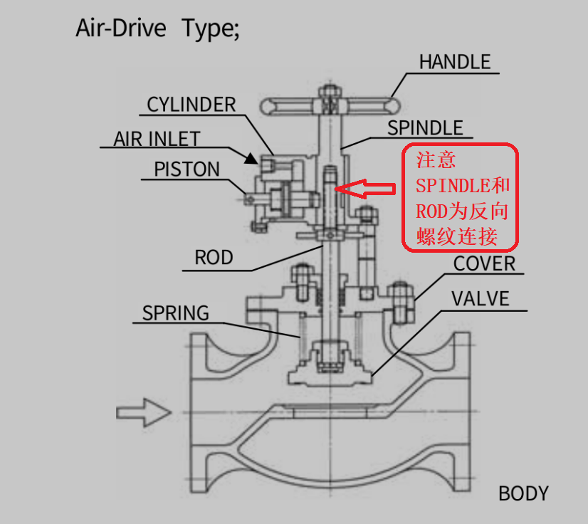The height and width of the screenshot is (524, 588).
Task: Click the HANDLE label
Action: point(454,62)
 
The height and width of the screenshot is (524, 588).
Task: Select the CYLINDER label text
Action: point(191,105)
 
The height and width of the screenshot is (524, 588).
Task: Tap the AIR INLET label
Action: point(157,138)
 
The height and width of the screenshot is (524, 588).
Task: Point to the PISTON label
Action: point(187,169)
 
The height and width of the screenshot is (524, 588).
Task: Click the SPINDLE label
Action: point(425,128)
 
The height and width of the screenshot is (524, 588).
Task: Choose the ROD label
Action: point(214,257)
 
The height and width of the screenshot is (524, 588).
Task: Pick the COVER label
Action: point(483,263)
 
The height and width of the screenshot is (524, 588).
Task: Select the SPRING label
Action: point(176,313)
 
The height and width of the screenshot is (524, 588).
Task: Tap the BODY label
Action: point(523,493)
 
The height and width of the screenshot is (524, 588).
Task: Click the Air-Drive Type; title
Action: point(157,29)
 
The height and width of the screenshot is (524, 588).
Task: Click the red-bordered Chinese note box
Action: point(461,197)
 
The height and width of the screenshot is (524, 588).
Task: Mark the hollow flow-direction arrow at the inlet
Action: point(143,412)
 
